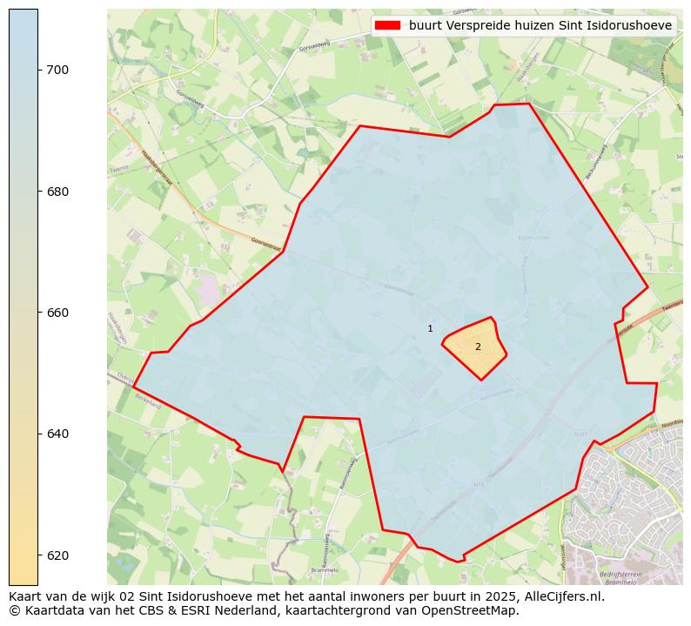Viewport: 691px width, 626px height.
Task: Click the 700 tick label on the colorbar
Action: (x=57, y=70)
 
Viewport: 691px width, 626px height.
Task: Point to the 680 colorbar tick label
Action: (x=57, y=192)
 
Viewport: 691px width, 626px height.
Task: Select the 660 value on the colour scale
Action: (x=57, y=313)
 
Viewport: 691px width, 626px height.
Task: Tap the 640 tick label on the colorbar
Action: (x=57, y=434)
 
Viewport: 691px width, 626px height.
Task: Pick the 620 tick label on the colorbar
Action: (x=57, y=555)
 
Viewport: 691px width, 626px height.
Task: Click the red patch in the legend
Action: (x=387, y=26)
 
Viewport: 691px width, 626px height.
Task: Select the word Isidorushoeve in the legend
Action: (x=631, y=26)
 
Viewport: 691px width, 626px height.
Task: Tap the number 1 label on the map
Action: (x=430, y=328)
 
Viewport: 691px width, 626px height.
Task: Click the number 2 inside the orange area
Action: (x=478, y=347)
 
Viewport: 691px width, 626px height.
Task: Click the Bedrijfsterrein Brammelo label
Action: (x=621, y=578)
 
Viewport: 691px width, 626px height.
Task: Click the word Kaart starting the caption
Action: (x=26, y=597)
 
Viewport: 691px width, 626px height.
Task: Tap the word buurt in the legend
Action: (x=425, y=26)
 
